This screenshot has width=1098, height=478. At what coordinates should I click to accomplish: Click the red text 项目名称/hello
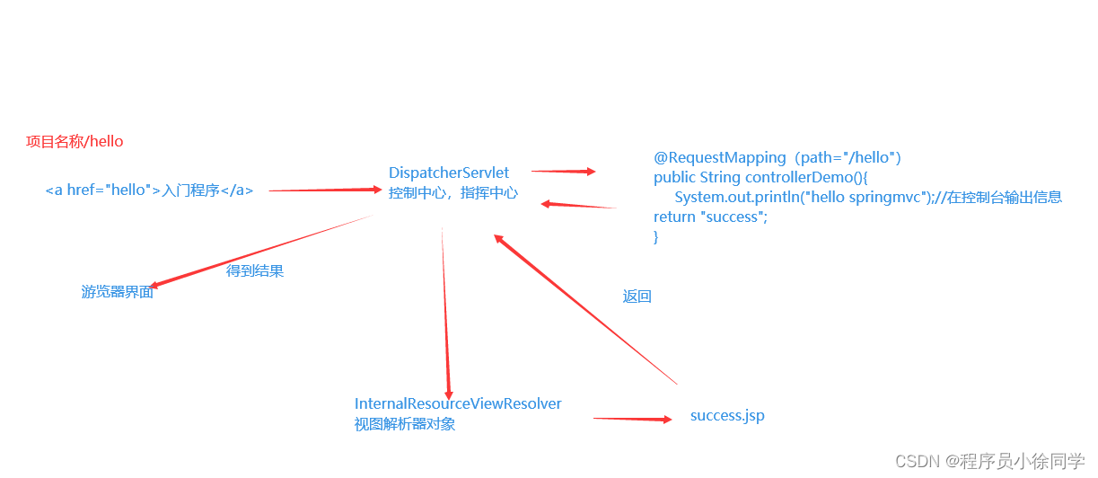[75, 142]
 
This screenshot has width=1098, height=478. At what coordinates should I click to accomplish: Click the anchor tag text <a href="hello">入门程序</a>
[149, 190]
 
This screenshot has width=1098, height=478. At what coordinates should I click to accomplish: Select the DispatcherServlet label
[449, 173]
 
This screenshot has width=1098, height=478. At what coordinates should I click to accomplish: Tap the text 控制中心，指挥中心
[453, 192]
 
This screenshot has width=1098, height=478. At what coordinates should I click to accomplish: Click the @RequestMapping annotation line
[777, 158]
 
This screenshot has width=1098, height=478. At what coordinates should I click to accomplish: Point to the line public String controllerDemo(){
[761, 178]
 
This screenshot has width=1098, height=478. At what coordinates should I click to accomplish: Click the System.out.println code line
[868, 198]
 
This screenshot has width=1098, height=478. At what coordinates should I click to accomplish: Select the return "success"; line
[711, 217]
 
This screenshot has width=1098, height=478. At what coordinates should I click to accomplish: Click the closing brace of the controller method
[656, 237]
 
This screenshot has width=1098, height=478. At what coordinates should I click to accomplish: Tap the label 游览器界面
[118, 292]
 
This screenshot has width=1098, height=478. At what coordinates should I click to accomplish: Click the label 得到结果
[255, 270]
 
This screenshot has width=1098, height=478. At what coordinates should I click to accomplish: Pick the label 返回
[637, 297]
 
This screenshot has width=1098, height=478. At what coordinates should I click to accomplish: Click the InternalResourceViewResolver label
[458, 404]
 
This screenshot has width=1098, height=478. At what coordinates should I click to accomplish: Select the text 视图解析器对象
[405, 424]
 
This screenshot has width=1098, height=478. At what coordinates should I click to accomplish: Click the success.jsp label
[727, 416]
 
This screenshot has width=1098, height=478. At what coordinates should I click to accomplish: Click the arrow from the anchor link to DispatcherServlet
[325, 190]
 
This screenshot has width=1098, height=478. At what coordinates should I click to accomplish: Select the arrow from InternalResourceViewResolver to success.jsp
[632, 419]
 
